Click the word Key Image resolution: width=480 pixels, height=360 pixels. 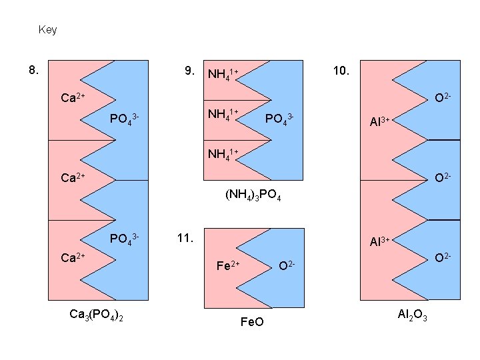point(48,30)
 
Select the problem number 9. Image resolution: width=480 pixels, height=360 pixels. point(190,70)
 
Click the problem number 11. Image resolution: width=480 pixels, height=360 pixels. point(185,237)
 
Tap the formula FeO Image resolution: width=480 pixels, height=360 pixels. point(251,323)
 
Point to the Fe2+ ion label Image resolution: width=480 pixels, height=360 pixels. point(229,267)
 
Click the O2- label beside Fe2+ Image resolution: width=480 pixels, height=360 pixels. point(287,266)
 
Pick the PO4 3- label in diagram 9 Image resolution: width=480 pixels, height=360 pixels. point(279,119)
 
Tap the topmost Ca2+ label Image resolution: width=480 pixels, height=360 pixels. point(72,99)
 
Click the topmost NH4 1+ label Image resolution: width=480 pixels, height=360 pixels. point(223,73)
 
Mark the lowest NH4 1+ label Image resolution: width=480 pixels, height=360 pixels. point(223,155)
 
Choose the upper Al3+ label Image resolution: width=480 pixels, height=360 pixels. point(384,121)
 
